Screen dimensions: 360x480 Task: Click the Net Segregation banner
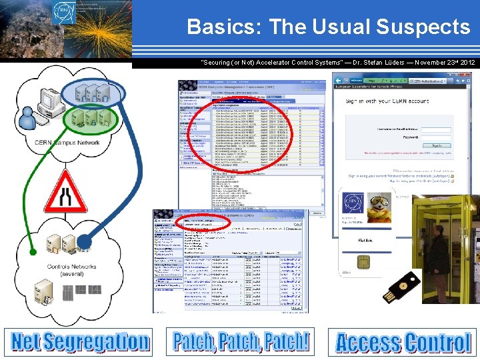tap(79, 341)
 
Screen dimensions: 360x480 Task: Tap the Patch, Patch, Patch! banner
tap(241, 341)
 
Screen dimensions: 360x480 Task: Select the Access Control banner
tap(403, 343)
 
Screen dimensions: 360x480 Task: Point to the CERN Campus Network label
tap(67, 143)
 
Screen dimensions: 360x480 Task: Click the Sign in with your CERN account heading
tap(387, 101)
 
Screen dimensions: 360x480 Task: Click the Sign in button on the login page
tap(437, 145)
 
